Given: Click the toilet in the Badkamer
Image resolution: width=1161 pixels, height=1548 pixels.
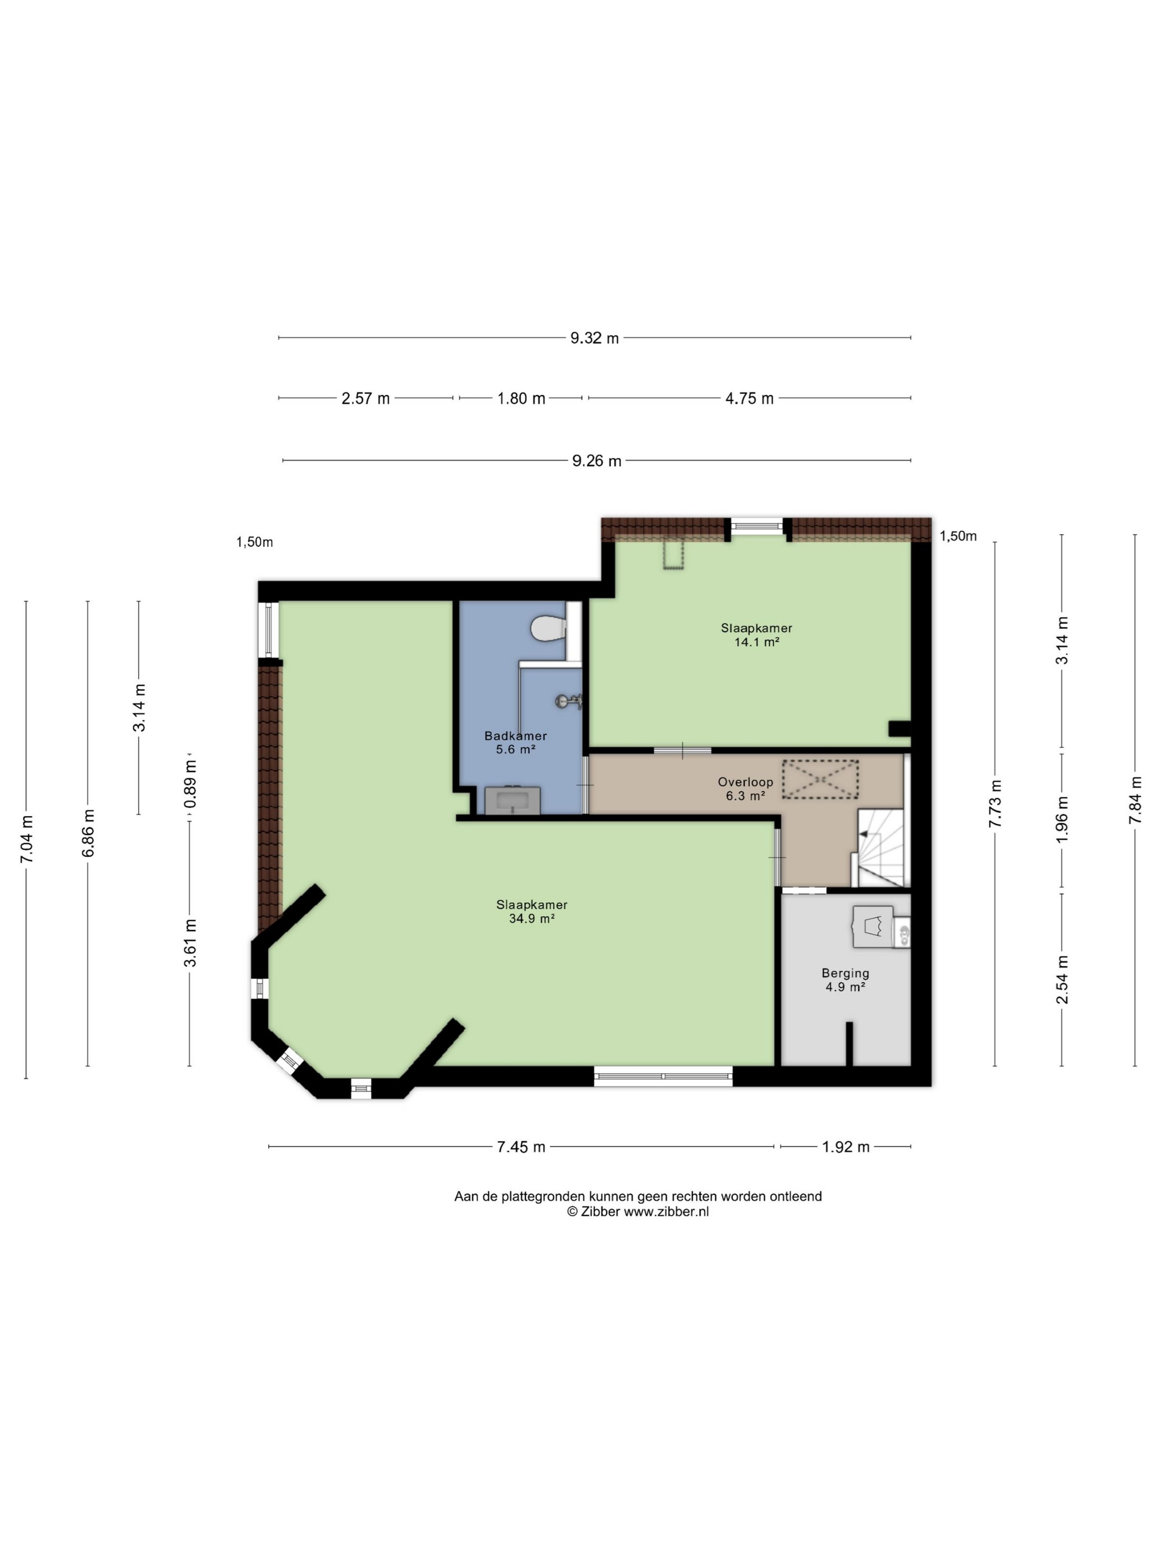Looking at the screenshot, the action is point(548,627).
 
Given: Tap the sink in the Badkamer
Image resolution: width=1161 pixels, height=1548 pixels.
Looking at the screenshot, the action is point(512,800).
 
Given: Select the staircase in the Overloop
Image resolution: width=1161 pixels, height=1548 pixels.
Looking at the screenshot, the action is point(880,847).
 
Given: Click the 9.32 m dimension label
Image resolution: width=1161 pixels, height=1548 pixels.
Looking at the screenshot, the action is point(594,338).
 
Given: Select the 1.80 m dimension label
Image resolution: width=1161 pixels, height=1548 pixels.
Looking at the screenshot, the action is point(521,398).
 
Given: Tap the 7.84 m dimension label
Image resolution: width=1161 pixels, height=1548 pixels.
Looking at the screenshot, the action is point(1134,800).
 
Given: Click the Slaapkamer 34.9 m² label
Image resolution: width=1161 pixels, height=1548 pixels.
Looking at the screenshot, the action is point(532,911).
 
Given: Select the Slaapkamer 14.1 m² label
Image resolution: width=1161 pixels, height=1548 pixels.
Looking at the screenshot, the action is point(756,635).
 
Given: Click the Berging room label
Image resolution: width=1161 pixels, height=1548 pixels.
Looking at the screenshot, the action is point(845,972).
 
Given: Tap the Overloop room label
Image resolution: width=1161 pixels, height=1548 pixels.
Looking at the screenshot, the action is point(745,782).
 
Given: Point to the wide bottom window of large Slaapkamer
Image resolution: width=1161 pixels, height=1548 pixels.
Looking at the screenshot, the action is point(663,1076).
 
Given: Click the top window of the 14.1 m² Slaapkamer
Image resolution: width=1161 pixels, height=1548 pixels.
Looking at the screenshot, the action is point(757,526).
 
